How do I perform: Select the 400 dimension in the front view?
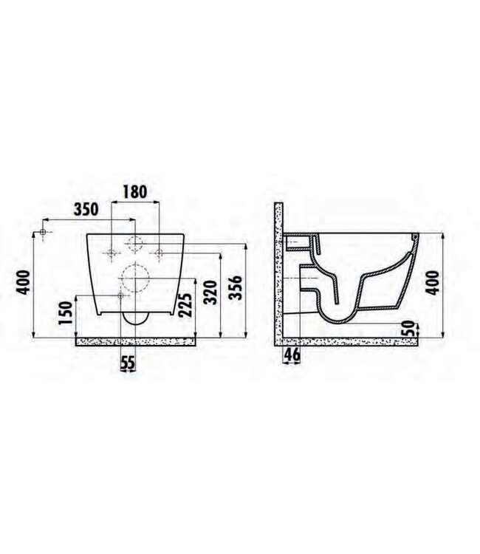[25, 282]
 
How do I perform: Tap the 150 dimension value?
[66, 313]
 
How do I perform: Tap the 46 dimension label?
[292, 355]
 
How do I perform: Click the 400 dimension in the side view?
[436, 282]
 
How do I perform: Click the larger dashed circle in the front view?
[134, 277]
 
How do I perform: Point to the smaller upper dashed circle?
[136, 242]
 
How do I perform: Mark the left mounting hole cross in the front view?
[112, 253]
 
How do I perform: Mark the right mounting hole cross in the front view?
[160, 253]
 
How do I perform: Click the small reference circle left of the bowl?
[45, 233]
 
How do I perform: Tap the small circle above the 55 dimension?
[123, 295]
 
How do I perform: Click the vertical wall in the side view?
[278, 273]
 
